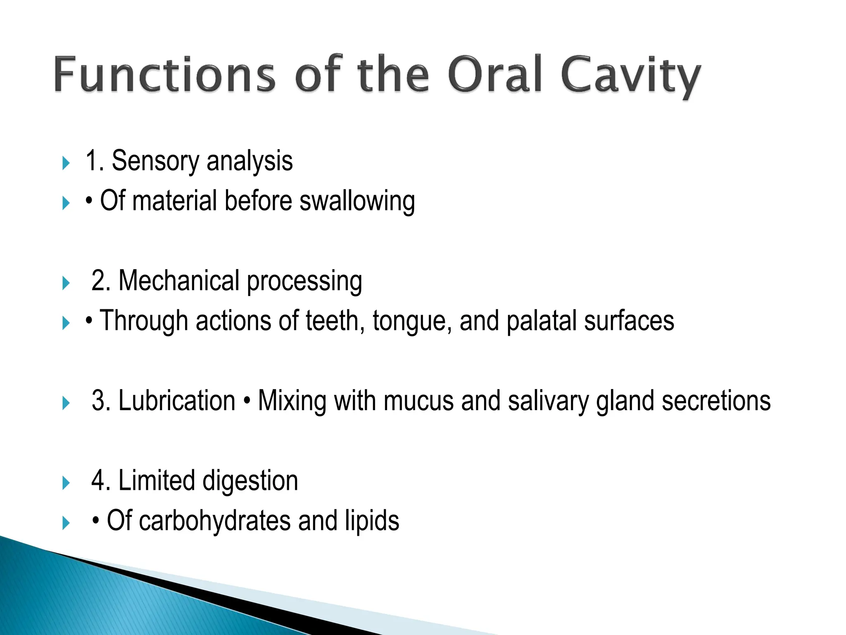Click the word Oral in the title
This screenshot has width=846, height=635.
click(494, 74)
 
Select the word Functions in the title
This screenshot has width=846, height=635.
click(164, 74)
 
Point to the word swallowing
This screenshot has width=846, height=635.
click(357, 202)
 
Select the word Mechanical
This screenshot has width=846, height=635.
click(179, 281)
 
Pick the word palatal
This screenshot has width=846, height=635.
click(541, 321)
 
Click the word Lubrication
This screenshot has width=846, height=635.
click(177, 401)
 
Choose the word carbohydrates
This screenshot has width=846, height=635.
click(215, 521)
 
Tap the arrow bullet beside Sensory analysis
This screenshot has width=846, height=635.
click(66, 163)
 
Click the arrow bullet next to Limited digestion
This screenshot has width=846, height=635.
click(66, 483)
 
